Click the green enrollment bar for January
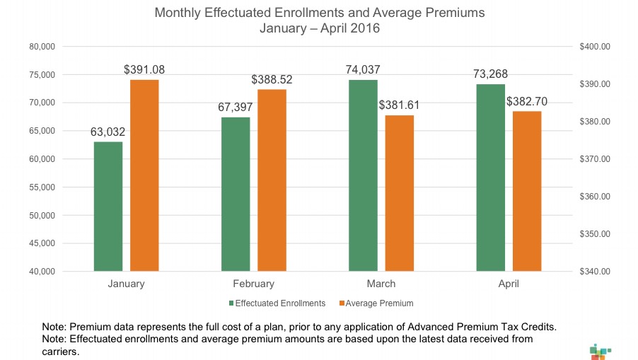(x=108, y=207)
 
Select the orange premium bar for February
(x=272, y=180)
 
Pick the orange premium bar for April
(x=526, y=191)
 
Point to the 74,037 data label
(x=363, y=70)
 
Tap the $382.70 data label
(x=526, y=102)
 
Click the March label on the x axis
(x=381, y=284)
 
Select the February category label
(x=253, y=284)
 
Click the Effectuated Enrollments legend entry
(x=279, y=303)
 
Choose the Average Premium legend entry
(x=378, y=303)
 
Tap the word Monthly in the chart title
(x=180, y=13)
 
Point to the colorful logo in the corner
(x=598, y=351)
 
